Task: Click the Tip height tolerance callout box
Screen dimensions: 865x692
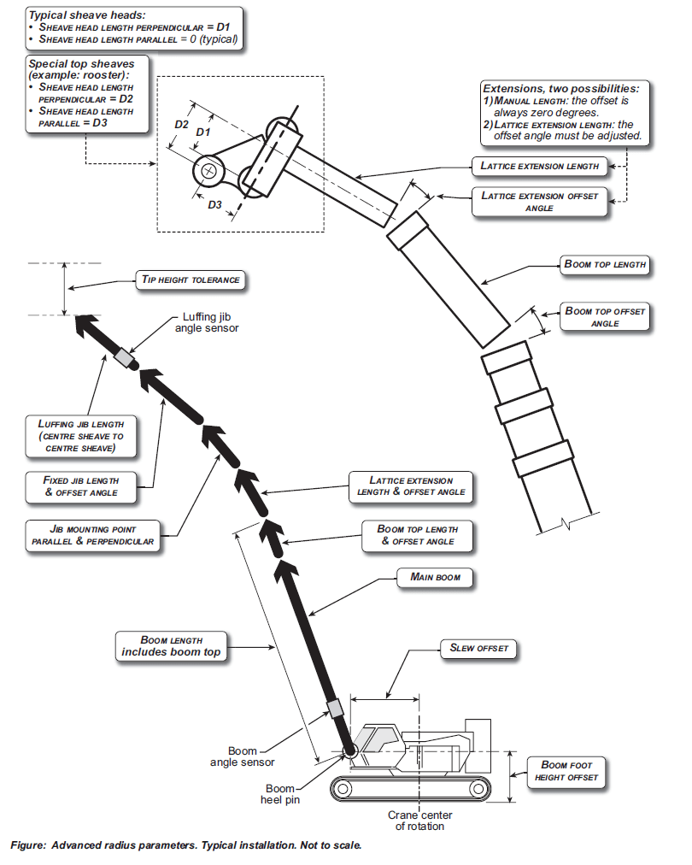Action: pos(190,280)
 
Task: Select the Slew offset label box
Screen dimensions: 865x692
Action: pos(478,648)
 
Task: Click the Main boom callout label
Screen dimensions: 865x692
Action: pos(435,578)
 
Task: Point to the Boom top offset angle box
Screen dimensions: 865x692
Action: pos(604,317)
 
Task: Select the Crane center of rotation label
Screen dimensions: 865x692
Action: pos(419,821)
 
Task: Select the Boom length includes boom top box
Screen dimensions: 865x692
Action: pos(171,646)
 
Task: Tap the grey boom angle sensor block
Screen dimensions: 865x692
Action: pos(335,709)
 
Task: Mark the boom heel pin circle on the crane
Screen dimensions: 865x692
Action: pos(349,751)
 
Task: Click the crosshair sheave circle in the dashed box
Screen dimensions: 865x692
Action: pos(207,169)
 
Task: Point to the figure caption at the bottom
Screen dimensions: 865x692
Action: pos(186,845)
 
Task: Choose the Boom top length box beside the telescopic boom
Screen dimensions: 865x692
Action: pos(605,264)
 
